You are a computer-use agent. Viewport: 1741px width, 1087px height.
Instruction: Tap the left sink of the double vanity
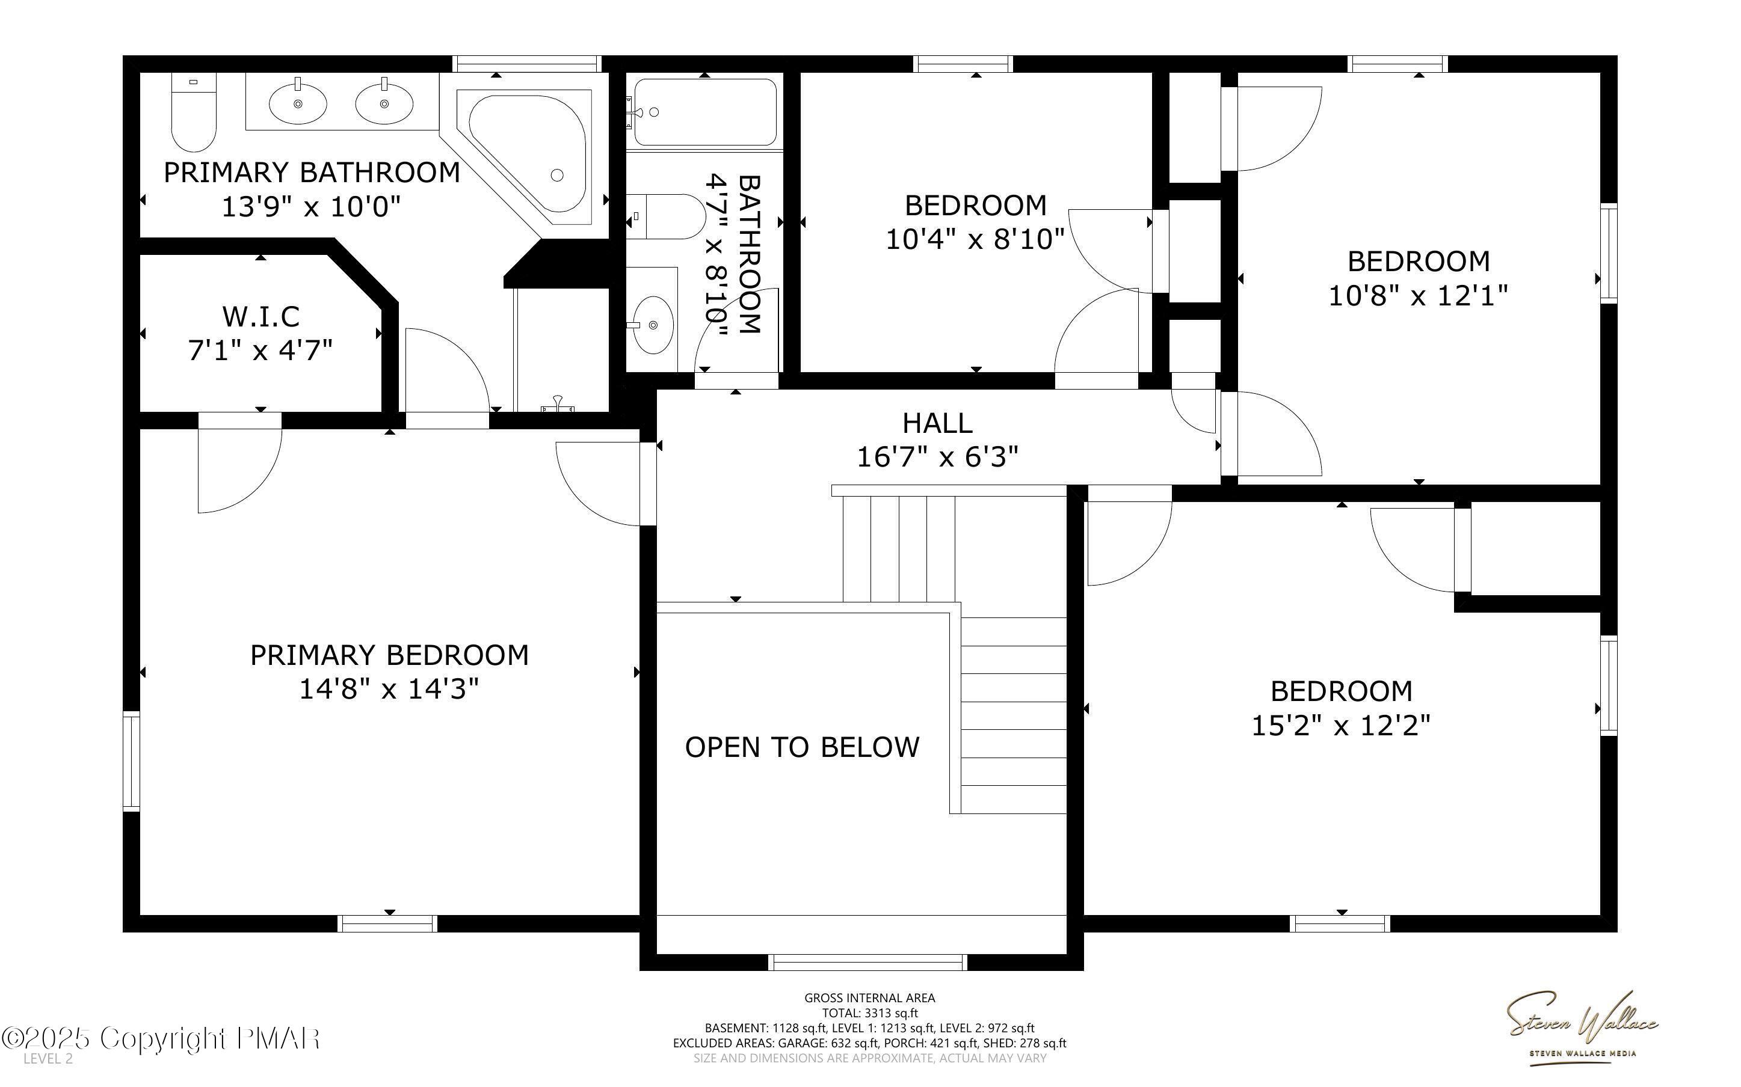click(298, 103)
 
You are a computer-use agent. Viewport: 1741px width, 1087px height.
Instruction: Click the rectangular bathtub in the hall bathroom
click(703, 112)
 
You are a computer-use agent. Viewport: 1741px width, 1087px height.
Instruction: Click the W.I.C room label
click(260, 316)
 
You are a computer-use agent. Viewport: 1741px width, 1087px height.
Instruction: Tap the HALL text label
click(937, 423)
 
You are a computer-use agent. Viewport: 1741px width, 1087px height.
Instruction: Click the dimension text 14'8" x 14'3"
click(389, 690)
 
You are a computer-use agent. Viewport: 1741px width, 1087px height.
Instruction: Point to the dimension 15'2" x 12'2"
click(1341, 726)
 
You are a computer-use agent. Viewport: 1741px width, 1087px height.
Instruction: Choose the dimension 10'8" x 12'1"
click(1417, 295)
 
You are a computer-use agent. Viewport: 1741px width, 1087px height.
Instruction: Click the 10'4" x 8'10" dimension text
click(975, 239)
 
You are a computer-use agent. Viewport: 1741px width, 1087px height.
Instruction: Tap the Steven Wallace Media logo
click(1582, 1024)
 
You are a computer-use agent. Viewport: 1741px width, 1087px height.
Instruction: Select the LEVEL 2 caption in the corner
click(48, 1059)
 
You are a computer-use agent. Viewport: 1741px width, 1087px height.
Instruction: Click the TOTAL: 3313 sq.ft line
click(870, 1014)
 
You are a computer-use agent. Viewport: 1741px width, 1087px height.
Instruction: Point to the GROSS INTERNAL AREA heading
click(869, 998)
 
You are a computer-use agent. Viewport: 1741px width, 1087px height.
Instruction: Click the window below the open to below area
click(867, 962)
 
